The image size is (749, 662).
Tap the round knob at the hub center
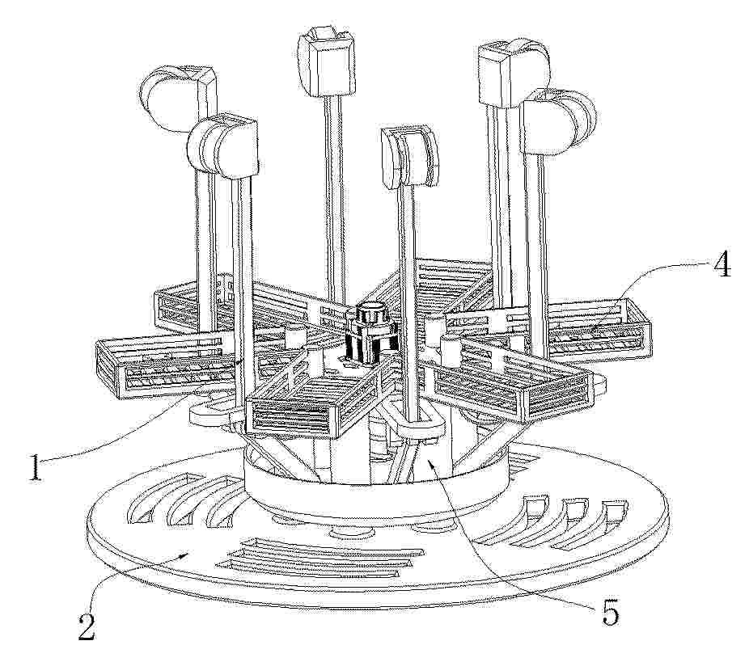pos(370,313)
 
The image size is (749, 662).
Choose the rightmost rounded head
pos(560,123)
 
